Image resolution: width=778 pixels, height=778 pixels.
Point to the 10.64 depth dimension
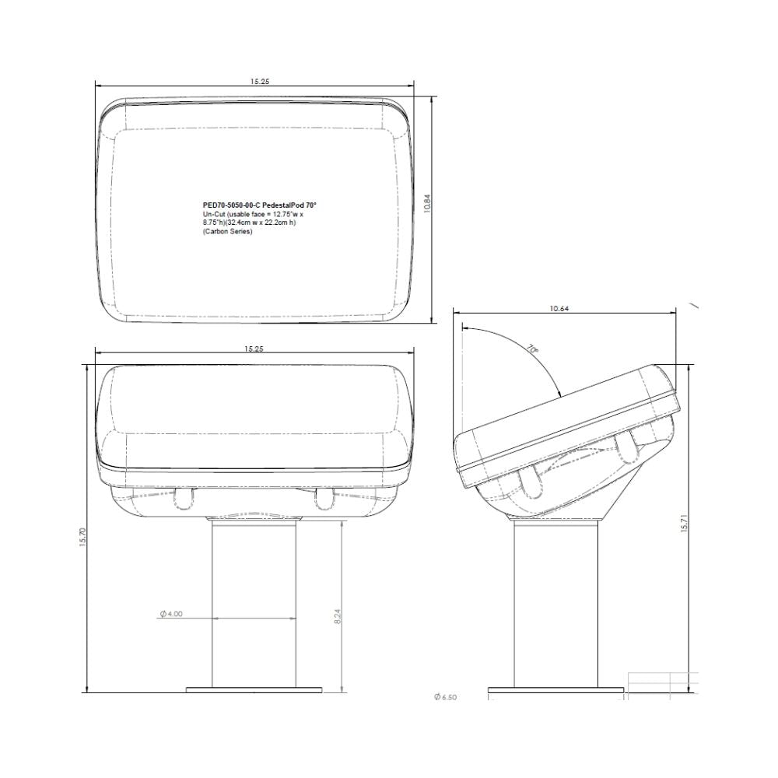pyautogui.click(x=559, y=309)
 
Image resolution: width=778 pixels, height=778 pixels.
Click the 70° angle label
pyautogui.click(x=532, y=349)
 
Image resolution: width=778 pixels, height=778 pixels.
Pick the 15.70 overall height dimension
pyautogui.click(x=83, y=537)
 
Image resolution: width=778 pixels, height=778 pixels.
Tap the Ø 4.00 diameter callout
pyautogui.click(x=170, y=614)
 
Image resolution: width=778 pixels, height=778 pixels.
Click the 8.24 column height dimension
pyautogui.click(x=337, y=618)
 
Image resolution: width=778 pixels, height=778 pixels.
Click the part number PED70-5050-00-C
pyautogui.click(x=227, y=204)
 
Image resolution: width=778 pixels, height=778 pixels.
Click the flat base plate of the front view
pyautogui.click(x=254, y=689)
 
